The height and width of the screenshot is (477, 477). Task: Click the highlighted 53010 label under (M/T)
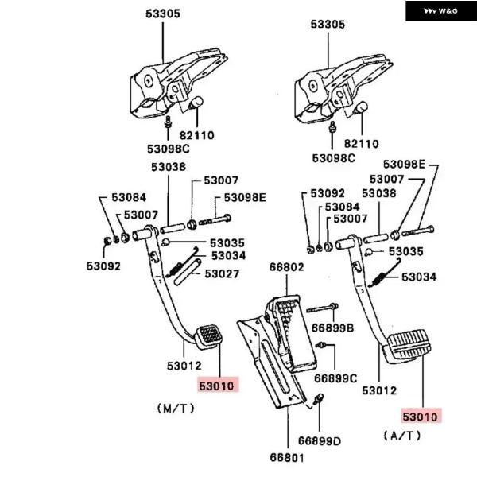point(218,386)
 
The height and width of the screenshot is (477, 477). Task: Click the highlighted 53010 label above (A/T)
point(420,415)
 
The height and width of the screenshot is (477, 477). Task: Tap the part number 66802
point(287,267)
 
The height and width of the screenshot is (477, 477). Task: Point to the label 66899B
point(333,327)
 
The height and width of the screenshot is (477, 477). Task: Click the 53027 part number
point(223,273)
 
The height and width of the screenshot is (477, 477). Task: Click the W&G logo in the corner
point(440,10)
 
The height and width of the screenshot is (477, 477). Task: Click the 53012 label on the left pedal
point(184,366)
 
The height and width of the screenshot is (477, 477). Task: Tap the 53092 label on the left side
point(104,266)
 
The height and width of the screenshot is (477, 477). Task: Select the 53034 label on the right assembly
point(419,277)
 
